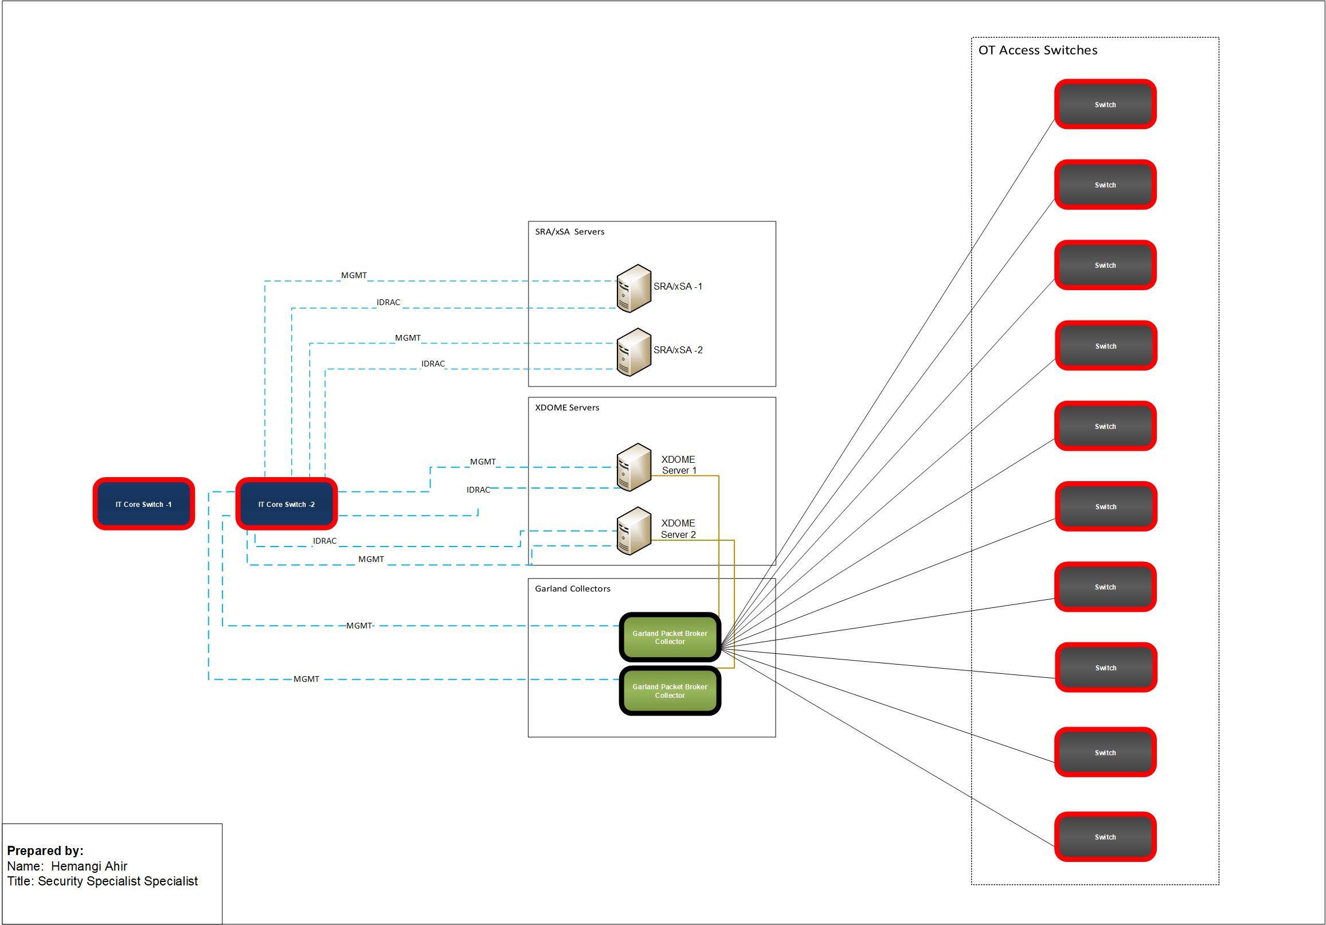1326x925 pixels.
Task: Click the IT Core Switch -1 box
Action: pos(143,504)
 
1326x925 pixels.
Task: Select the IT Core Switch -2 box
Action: pos(287,504)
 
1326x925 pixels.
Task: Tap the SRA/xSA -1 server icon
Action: pos(633,288)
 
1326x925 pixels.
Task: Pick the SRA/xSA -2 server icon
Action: pos(633,352)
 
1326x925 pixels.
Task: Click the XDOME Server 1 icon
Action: pos(633,467)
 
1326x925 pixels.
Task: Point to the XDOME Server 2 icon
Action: pos(633,530)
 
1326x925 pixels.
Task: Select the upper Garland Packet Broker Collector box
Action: pos(670,637)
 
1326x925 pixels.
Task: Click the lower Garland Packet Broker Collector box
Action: pos(670,691)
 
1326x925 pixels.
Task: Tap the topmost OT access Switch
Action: pos(1105,104)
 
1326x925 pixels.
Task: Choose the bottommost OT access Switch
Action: pos(1105,837)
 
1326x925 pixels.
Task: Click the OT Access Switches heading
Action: pos(1037,50)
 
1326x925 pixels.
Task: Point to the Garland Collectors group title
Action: pos(572,589)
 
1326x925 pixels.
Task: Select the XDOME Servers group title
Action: pos(566,407)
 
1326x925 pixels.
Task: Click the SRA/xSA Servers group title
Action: pos(569,232)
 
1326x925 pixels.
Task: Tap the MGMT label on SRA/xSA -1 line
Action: pos(354,276)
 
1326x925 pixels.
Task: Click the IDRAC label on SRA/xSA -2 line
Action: pos(433,364)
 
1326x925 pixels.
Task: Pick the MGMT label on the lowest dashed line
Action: pos(306,679)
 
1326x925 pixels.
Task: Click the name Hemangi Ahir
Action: pos(89,866)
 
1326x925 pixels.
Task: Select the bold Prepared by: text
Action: pos(45,850)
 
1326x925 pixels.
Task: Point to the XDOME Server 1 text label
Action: pos(679,465)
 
